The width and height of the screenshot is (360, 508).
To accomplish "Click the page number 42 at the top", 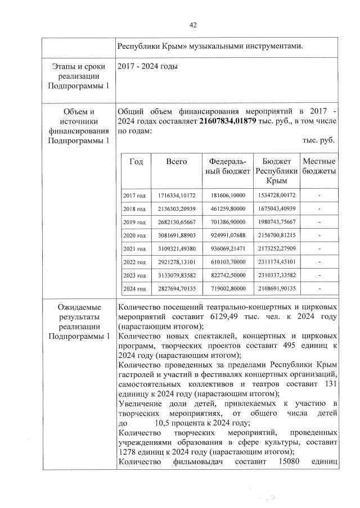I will (x=193, y=25).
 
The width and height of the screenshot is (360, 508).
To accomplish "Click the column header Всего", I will (x=176, y=161).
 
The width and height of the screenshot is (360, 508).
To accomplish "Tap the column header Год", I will (x=136, y=161).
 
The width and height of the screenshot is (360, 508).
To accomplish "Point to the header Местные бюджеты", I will (x=319, y=166).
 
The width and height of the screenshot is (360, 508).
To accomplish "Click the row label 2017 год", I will (x=134, y=196).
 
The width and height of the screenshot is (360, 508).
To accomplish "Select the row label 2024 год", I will (x=134, y=289).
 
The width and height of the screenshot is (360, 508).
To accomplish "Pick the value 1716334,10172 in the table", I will (x=176, y=196).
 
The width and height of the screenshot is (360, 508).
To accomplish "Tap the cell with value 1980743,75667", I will (x=275, y=222).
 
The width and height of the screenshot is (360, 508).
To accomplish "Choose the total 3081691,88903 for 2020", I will (x=176, y=235).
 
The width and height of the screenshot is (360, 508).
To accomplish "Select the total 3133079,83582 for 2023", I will (x=176, y=275).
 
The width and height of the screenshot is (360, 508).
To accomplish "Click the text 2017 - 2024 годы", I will (x=147, y=67).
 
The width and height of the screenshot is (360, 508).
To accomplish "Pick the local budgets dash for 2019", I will (x=319, y=222).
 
